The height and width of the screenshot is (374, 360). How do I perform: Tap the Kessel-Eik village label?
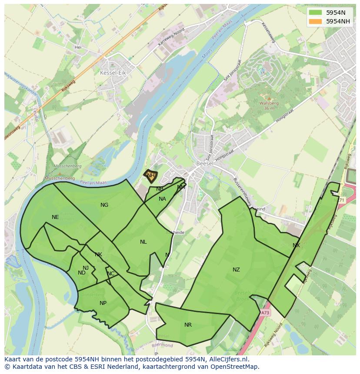[x=113, y=73]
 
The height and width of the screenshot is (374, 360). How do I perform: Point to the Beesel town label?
[x=204, y=163]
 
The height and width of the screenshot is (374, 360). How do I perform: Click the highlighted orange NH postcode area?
[x=150, y=175]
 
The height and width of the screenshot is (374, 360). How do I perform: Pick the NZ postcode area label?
[x=236, y=270]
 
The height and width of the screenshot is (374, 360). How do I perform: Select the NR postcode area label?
[x=188, y=325]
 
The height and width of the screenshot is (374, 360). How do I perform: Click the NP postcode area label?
[x=103, y=303]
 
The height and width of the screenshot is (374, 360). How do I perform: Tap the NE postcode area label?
[x=55, y=217]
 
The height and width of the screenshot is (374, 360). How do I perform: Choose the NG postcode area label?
[x=104, y=205]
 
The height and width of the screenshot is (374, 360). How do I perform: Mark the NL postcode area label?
[x=143, y=242]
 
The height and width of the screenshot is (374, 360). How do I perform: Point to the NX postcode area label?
[x=296, y=245]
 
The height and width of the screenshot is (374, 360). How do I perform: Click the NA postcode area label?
[x=162, y=199]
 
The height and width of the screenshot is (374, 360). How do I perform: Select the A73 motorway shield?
[x=266, y=312]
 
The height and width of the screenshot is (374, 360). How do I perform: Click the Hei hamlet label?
[x=78, y=47]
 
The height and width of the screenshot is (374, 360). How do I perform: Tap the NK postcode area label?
[x=98, y=255]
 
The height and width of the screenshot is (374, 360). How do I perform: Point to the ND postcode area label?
[x=82, y=273]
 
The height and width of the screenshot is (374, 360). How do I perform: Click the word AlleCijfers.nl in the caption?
[x=227, y=359]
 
